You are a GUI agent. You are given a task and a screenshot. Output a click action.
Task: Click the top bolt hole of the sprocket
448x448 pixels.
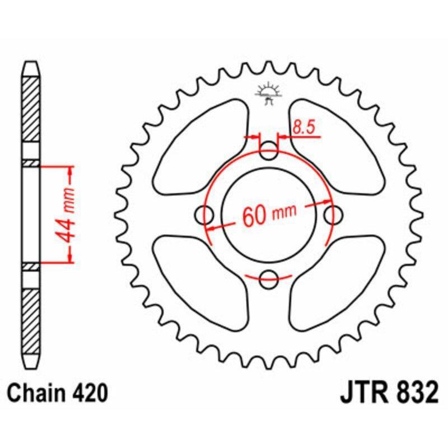(x=270, y=149)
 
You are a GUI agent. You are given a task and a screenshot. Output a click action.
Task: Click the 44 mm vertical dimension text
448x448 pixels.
(x=68, y=213)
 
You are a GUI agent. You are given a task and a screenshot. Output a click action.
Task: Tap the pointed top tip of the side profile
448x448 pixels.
(x=31, y=63)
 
